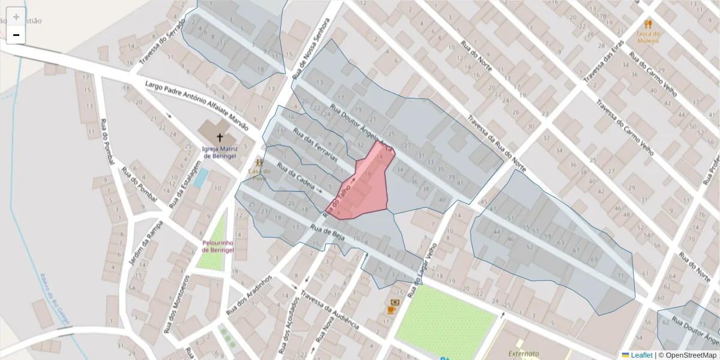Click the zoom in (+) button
(x=16, y=17)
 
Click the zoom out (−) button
(x=16, y=35)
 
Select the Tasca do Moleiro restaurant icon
(x=647, y=25)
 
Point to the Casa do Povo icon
(x=259, y=163)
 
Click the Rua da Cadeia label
(x=295, y=176)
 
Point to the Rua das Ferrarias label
(x=314, y=143)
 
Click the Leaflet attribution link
(x=641, y=355)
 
